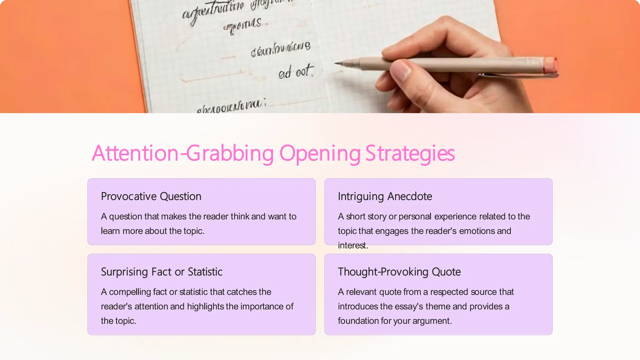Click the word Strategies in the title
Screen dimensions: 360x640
[410, 154]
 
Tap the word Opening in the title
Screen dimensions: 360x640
[320, 154]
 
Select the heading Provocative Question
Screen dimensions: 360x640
[151, 197]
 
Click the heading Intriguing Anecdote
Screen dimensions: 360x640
[385, 197]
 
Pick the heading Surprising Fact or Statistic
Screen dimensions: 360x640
[162, 272]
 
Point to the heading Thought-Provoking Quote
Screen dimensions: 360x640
[399, 272]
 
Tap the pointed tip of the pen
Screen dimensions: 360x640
[337, 63]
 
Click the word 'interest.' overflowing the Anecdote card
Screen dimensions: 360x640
[353, 246]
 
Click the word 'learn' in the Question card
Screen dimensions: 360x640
[110, 231]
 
